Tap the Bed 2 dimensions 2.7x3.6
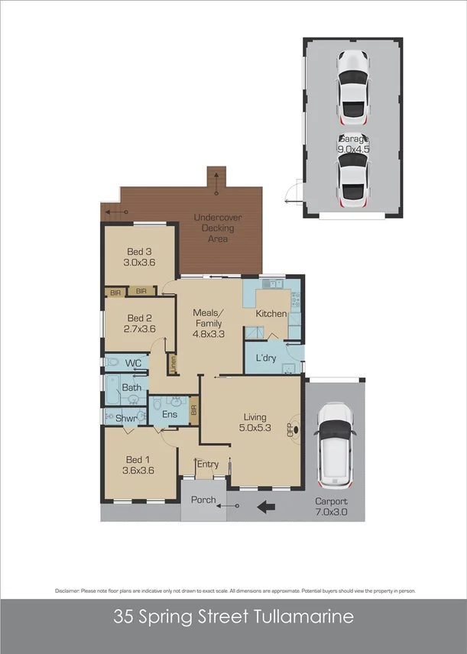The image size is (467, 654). tap(140, 329)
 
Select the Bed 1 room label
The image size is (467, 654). tap(140, 458)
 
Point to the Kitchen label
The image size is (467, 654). tap(271, 314)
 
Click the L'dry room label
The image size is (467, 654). tap(265, 357)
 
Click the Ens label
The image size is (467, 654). tap(170, 414)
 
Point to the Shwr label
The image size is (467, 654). tap(126, 418)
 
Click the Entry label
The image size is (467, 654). tap(207, 465)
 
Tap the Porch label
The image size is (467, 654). tap(203, 502)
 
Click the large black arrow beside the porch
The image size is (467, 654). tap(266, 505)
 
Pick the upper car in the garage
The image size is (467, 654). tap(352, 88)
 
